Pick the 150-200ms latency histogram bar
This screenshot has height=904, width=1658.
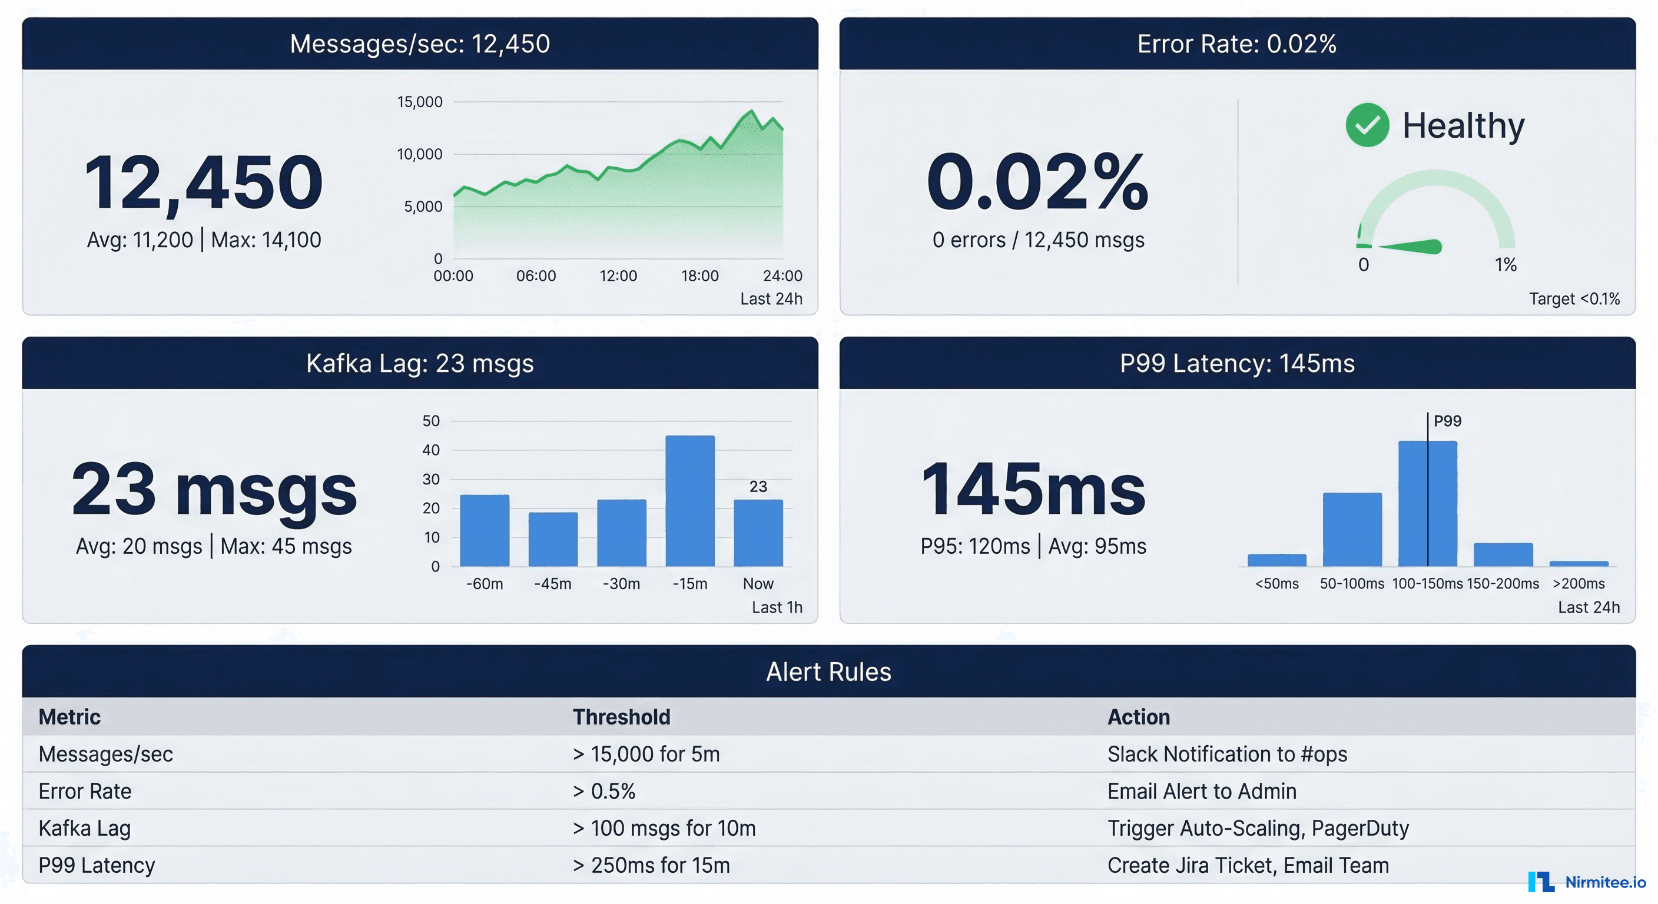pos(1503,554)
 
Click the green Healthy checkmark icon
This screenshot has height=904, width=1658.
pos(1367,125)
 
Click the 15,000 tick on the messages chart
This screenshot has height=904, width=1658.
pos(420,102)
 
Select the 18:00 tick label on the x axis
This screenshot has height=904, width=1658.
pos(699,276)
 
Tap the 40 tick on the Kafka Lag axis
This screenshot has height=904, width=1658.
pos(430,450)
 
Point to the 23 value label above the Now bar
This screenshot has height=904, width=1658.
pos(758,486)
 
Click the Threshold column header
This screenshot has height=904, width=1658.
pos(621,717)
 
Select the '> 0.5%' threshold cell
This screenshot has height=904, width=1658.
pos(603,791)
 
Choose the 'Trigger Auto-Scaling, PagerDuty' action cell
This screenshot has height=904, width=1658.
pos(1258,828)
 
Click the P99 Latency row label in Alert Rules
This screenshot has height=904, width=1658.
pos(97,865)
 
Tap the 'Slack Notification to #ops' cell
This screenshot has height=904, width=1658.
pos(1227,754)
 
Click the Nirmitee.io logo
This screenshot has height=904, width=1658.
pos(1587,882)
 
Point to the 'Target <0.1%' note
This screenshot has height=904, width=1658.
pos(1574,298)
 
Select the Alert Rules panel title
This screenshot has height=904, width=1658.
pos(828,672)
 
